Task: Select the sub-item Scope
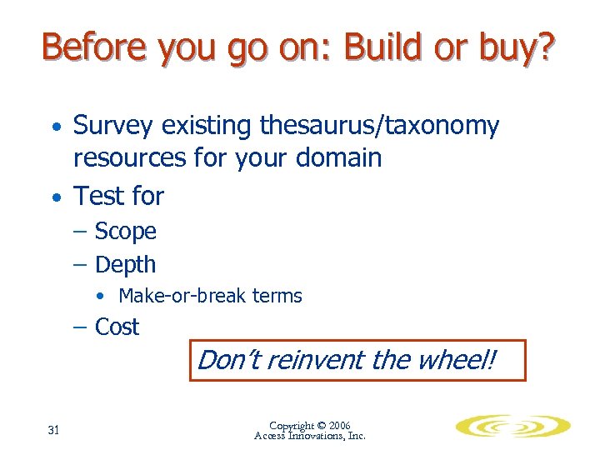tap(125, 231)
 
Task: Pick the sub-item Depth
tap(125, 265)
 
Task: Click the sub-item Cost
tap(117, 327)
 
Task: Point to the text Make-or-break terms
tap(210, 296)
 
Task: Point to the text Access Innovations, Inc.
tap(309, 436)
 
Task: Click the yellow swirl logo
tap(512, 427)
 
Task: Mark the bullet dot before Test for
tap(55, 198)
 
